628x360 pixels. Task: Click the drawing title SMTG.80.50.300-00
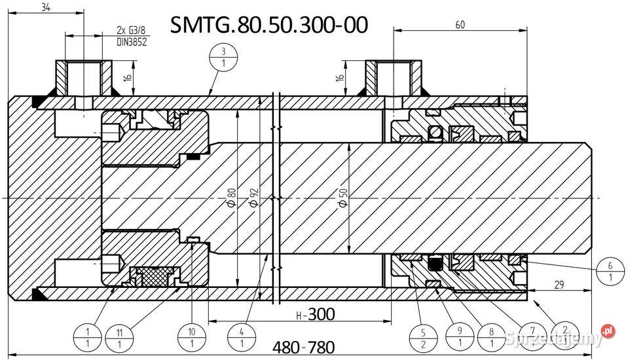[268, 24]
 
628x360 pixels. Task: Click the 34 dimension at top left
[46, 7]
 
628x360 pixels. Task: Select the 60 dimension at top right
[460, 25]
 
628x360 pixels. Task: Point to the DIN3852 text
[131, 41]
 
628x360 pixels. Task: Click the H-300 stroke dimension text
[315, 314]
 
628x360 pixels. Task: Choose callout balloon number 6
[610, 272]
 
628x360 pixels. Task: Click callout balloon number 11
[119, 336]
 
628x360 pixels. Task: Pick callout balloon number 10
[191, 336]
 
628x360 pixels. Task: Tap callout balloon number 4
[242, 336]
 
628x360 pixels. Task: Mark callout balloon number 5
[422, 337]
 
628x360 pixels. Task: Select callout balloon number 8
[492, 337]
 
